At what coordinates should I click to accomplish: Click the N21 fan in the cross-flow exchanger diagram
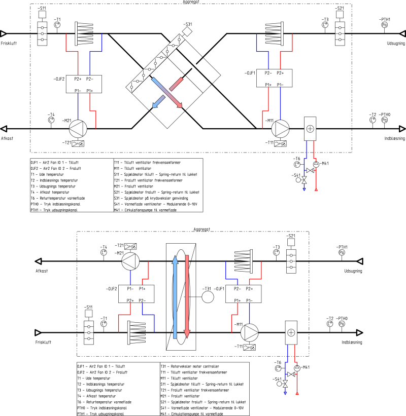(x=78, y=129)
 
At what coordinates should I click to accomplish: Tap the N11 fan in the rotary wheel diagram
(x=249, y=332)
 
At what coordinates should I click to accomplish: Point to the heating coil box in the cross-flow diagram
(x=310, y=129)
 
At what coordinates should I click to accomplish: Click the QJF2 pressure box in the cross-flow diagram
(x=84, y=84)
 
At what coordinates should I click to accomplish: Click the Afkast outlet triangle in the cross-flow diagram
(x=4, y=129)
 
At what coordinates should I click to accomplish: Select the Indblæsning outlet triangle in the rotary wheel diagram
(x=359, y=332)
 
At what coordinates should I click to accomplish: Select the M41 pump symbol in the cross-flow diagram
(x=316, y=164)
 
